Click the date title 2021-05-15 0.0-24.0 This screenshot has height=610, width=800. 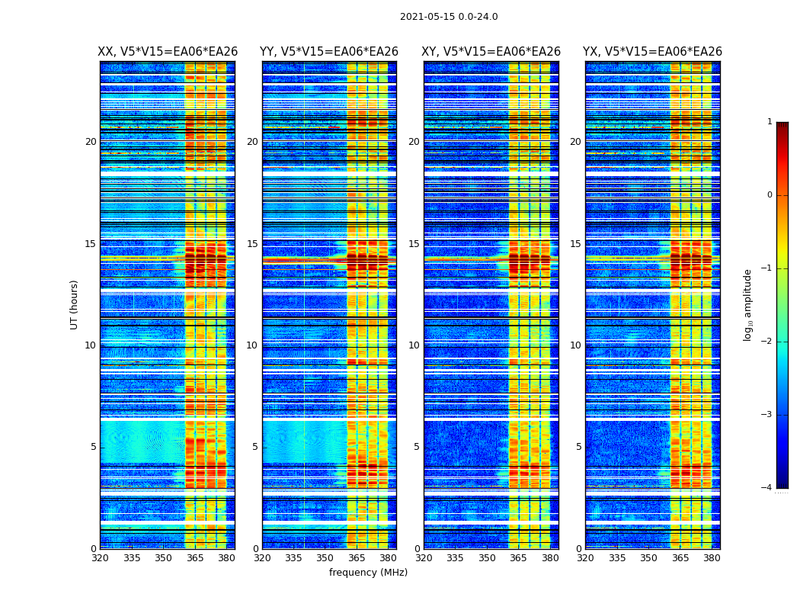[449, 17]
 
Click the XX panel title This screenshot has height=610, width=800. [168, 52]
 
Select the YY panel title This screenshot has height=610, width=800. [329, 52]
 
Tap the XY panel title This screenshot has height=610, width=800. [491, 52]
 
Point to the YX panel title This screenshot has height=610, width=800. [652, 52]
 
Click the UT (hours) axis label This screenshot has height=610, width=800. [75, 304]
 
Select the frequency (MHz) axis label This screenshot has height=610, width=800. [368, 573]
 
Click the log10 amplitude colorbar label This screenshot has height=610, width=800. [748, 304]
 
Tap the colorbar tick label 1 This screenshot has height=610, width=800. [770, 122]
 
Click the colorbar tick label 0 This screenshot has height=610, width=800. [770, 195]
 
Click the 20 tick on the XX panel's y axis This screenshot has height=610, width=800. [91, 142]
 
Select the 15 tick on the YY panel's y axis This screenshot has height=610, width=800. [252, 244]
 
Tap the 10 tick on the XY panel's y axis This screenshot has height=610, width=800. [414, 345]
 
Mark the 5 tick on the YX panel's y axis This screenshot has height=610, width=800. [578, 447]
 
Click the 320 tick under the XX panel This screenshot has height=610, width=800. [100, 558]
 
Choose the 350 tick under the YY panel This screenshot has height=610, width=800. [325, 558]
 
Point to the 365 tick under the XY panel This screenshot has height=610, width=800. [518, 558]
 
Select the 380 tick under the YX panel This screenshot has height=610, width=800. [712, 558]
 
